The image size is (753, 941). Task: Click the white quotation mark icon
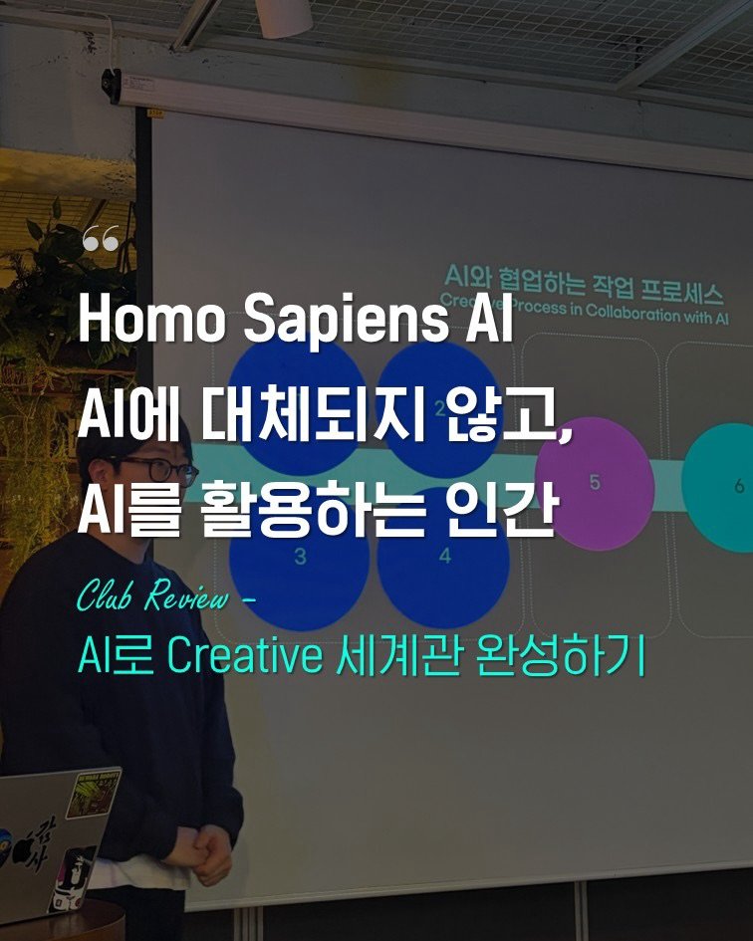(x=101, y=239)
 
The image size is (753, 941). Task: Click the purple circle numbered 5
(x=595, y=484)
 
